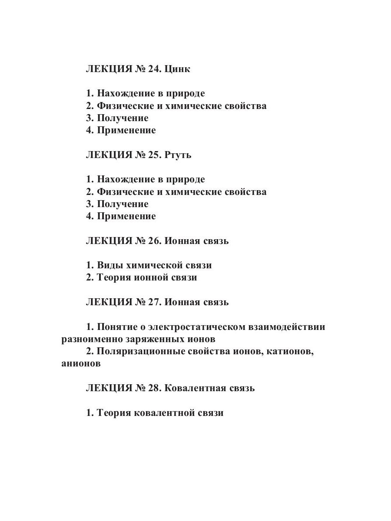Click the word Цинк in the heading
point(177,69)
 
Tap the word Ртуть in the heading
point(178,155)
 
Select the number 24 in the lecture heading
point(154,69)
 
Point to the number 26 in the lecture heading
point(154,241)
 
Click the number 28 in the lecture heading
point(154,388)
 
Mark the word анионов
point(81,364)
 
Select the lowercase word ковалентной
point(163,413)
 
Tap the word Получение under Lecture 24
point(123,118)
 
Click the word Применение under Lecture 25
point(126,216)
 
